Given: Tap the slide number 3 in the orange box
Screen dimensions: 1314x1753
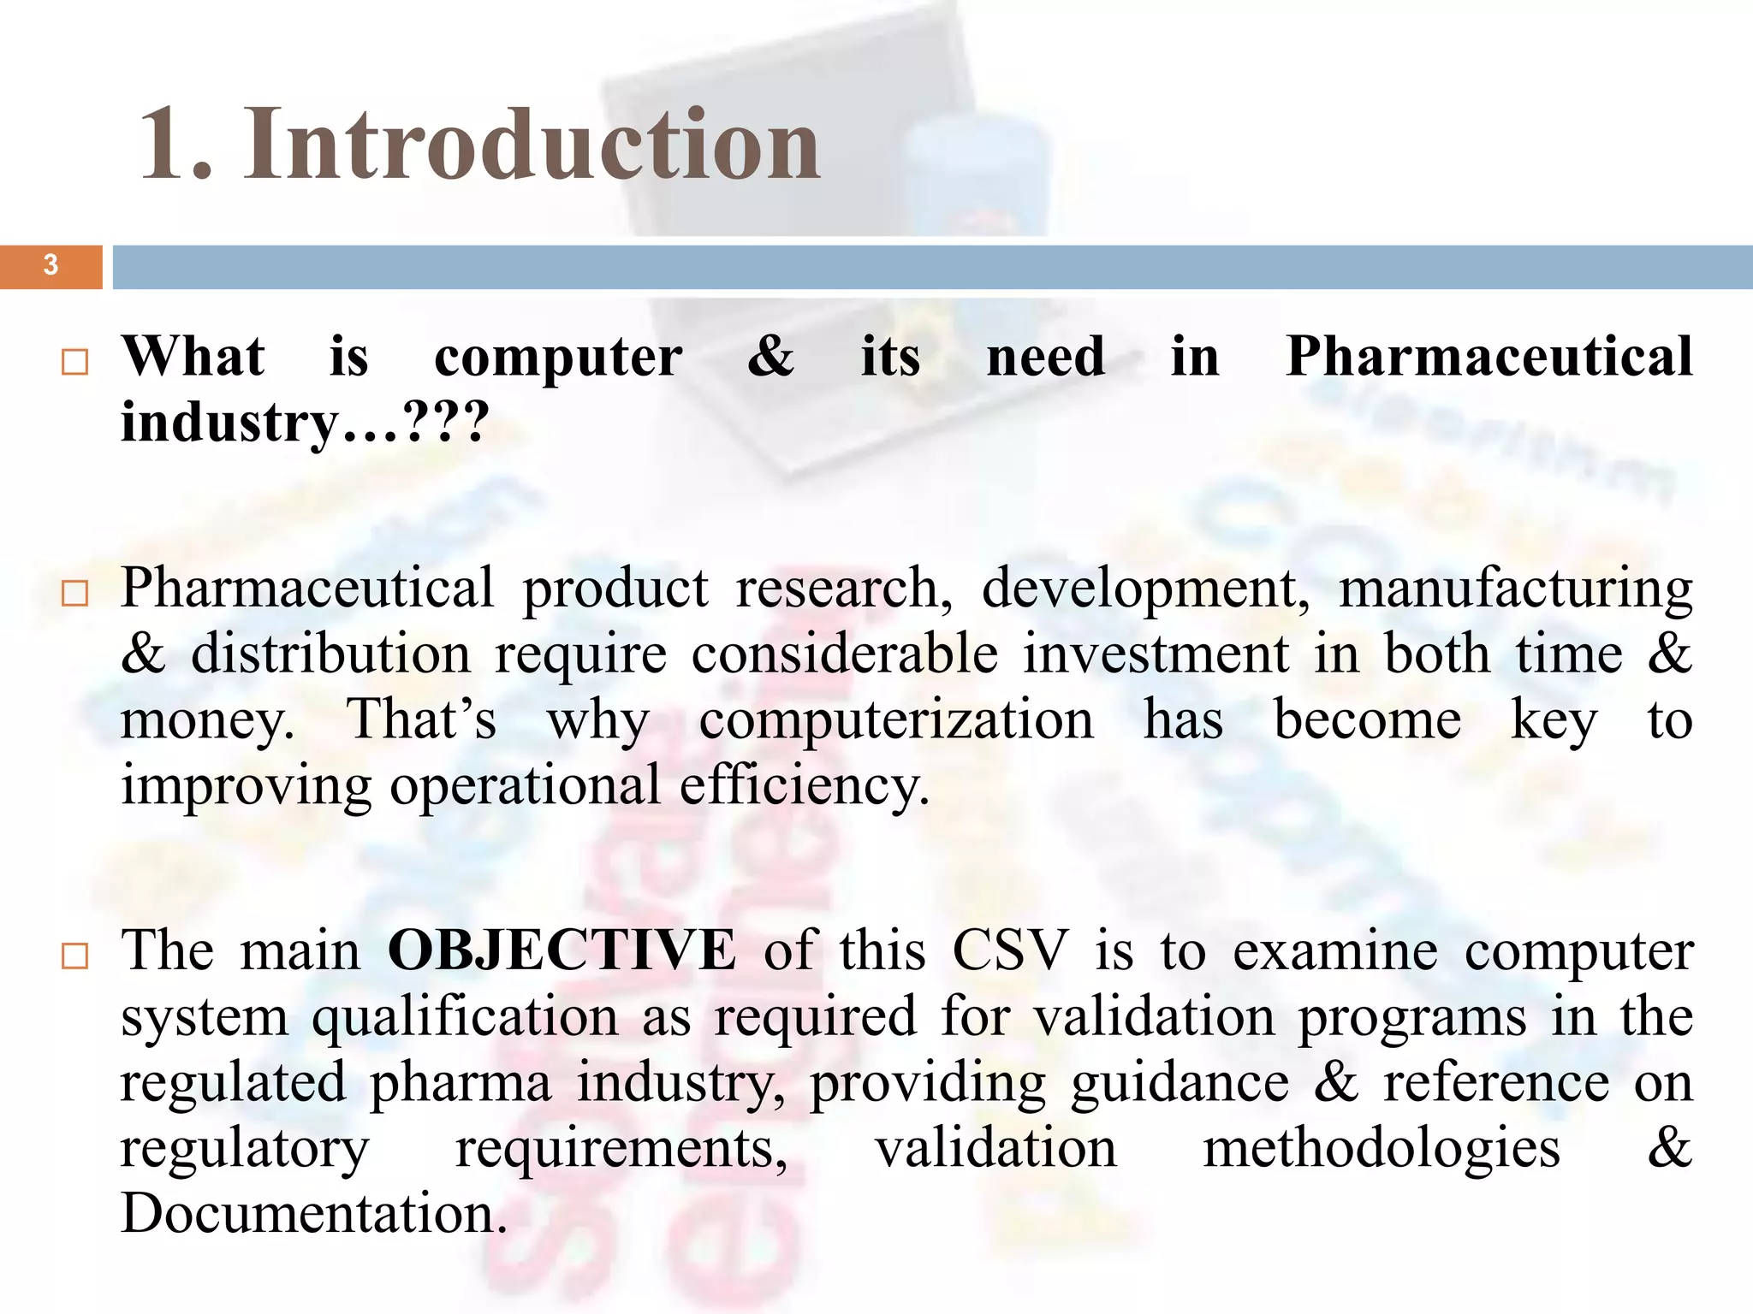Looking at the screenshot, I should [51, 265].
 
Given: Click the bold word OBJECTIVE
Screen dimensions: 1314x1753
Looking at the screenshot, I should [562, 950].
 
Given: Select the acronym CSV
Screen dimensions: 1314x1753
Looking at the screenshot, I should [1010, 950].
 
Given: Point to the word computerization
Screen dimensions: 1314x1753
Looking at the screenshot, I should [896, 720].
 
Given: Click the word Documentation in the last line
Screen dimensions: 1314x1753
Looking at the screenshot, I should [313, 1213].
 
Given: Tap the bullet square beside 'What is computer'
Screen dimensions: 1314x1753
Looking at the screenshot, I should [75, 362].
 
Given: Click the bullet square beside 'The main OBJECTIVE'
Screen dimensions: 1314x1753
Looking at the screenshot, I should [75, 956].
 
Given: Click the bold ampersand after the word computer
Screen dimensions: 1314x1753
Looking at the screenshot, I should [770, 356].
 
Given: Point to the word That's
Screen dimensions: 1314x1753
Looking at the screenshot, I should [421, 720].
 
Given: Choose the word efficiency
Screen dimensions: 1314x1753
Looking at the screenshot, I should [804, 785].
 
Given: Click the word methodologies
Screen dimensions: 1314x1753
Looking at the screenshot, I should [1381, 1148].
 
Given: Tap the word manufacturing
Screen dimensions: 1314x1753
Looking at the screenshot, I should [1515, 589].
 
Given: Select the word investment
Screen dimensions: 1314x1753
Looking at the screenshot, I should [1156, 654].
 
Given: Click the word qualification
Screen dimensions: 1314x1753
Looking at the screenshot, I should [465, 1017].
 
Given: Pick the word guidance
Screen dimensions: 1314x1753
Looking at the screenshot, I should [1180, 1083].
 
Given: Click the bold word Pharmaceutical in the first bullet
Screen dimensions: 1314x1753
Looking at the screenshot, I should [1489, 356].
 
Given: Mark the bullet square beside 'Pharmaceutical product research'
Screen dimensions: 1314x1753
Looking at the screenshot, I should [75, 594].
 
